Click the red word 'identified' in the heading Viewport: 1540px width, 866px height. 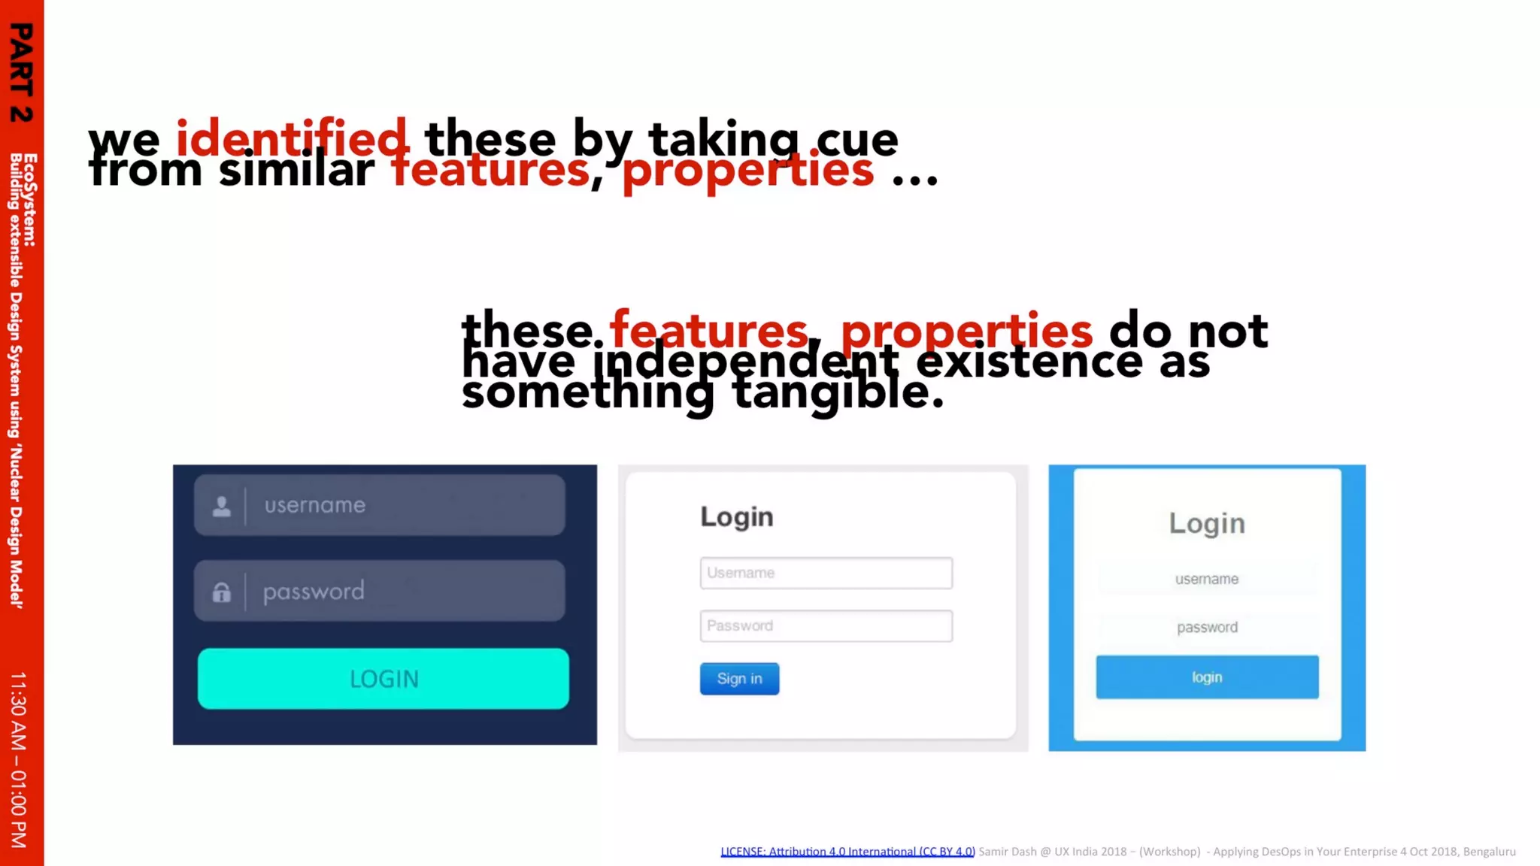292,139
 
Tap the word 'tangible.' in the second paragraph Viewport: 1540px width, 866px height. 838,392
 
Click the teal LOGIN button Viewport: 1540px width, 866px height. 383,678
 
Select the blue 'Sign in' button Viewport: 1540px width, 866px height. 739,679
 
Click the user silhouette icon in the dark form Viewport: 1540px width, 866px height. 221,506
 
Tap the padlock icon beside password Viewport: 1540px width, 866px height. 221,592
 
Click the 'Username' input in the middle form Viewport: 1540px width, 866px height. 826,573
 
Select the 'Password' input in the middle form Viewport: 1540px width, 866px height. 826,626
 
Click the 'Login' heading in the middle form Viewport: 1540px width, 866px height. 736,517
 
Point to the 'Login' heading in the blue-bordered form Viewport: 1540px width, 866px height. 1206,523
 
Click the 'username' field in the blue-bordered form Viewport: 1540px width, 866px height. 1206,579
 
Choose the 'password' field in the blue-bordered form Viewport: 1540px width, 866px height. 1206,627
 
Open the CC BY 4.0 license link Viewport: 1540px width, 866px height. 847,852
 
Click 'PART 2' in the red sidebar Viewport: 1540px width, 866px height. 21,72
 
